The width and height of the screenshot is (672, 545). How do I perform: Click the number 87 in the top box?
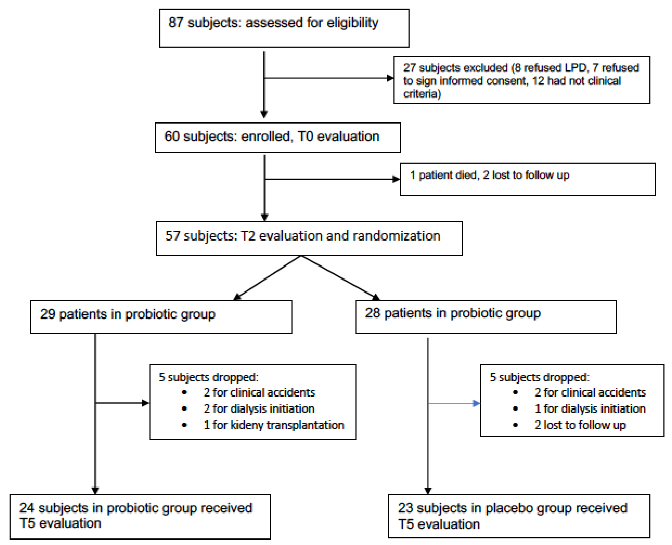[176, 23]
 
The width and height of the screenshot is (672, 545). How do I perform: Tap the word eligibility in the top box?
[353, 23]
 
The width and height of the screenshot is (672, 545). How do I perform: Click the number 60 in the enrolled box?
[172, 136]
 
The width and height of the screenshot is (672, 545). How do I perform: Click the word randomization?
[396, 236]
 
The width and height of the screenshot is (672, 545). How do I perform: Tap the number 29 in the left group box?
[48, 314]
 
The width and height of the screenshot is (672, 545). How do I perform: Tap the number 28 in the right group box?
[373, 313]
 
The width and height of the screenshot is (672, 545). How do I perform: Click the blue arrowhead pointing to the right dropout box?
[476, 403]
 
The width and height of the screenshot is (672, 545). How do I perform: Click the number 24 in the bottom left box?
[27, 508]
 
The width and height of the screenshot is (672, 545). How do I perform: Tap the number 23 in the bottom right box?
[406, 508]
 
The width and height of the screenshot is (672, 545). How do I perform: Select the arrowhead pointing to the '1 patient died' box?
[396, 179]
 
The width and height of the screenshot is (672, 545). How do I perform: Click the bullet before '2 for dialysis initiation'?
[184, 409]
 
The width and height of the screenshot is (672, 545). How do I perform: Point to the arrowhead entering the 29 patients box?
[238, 297]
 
